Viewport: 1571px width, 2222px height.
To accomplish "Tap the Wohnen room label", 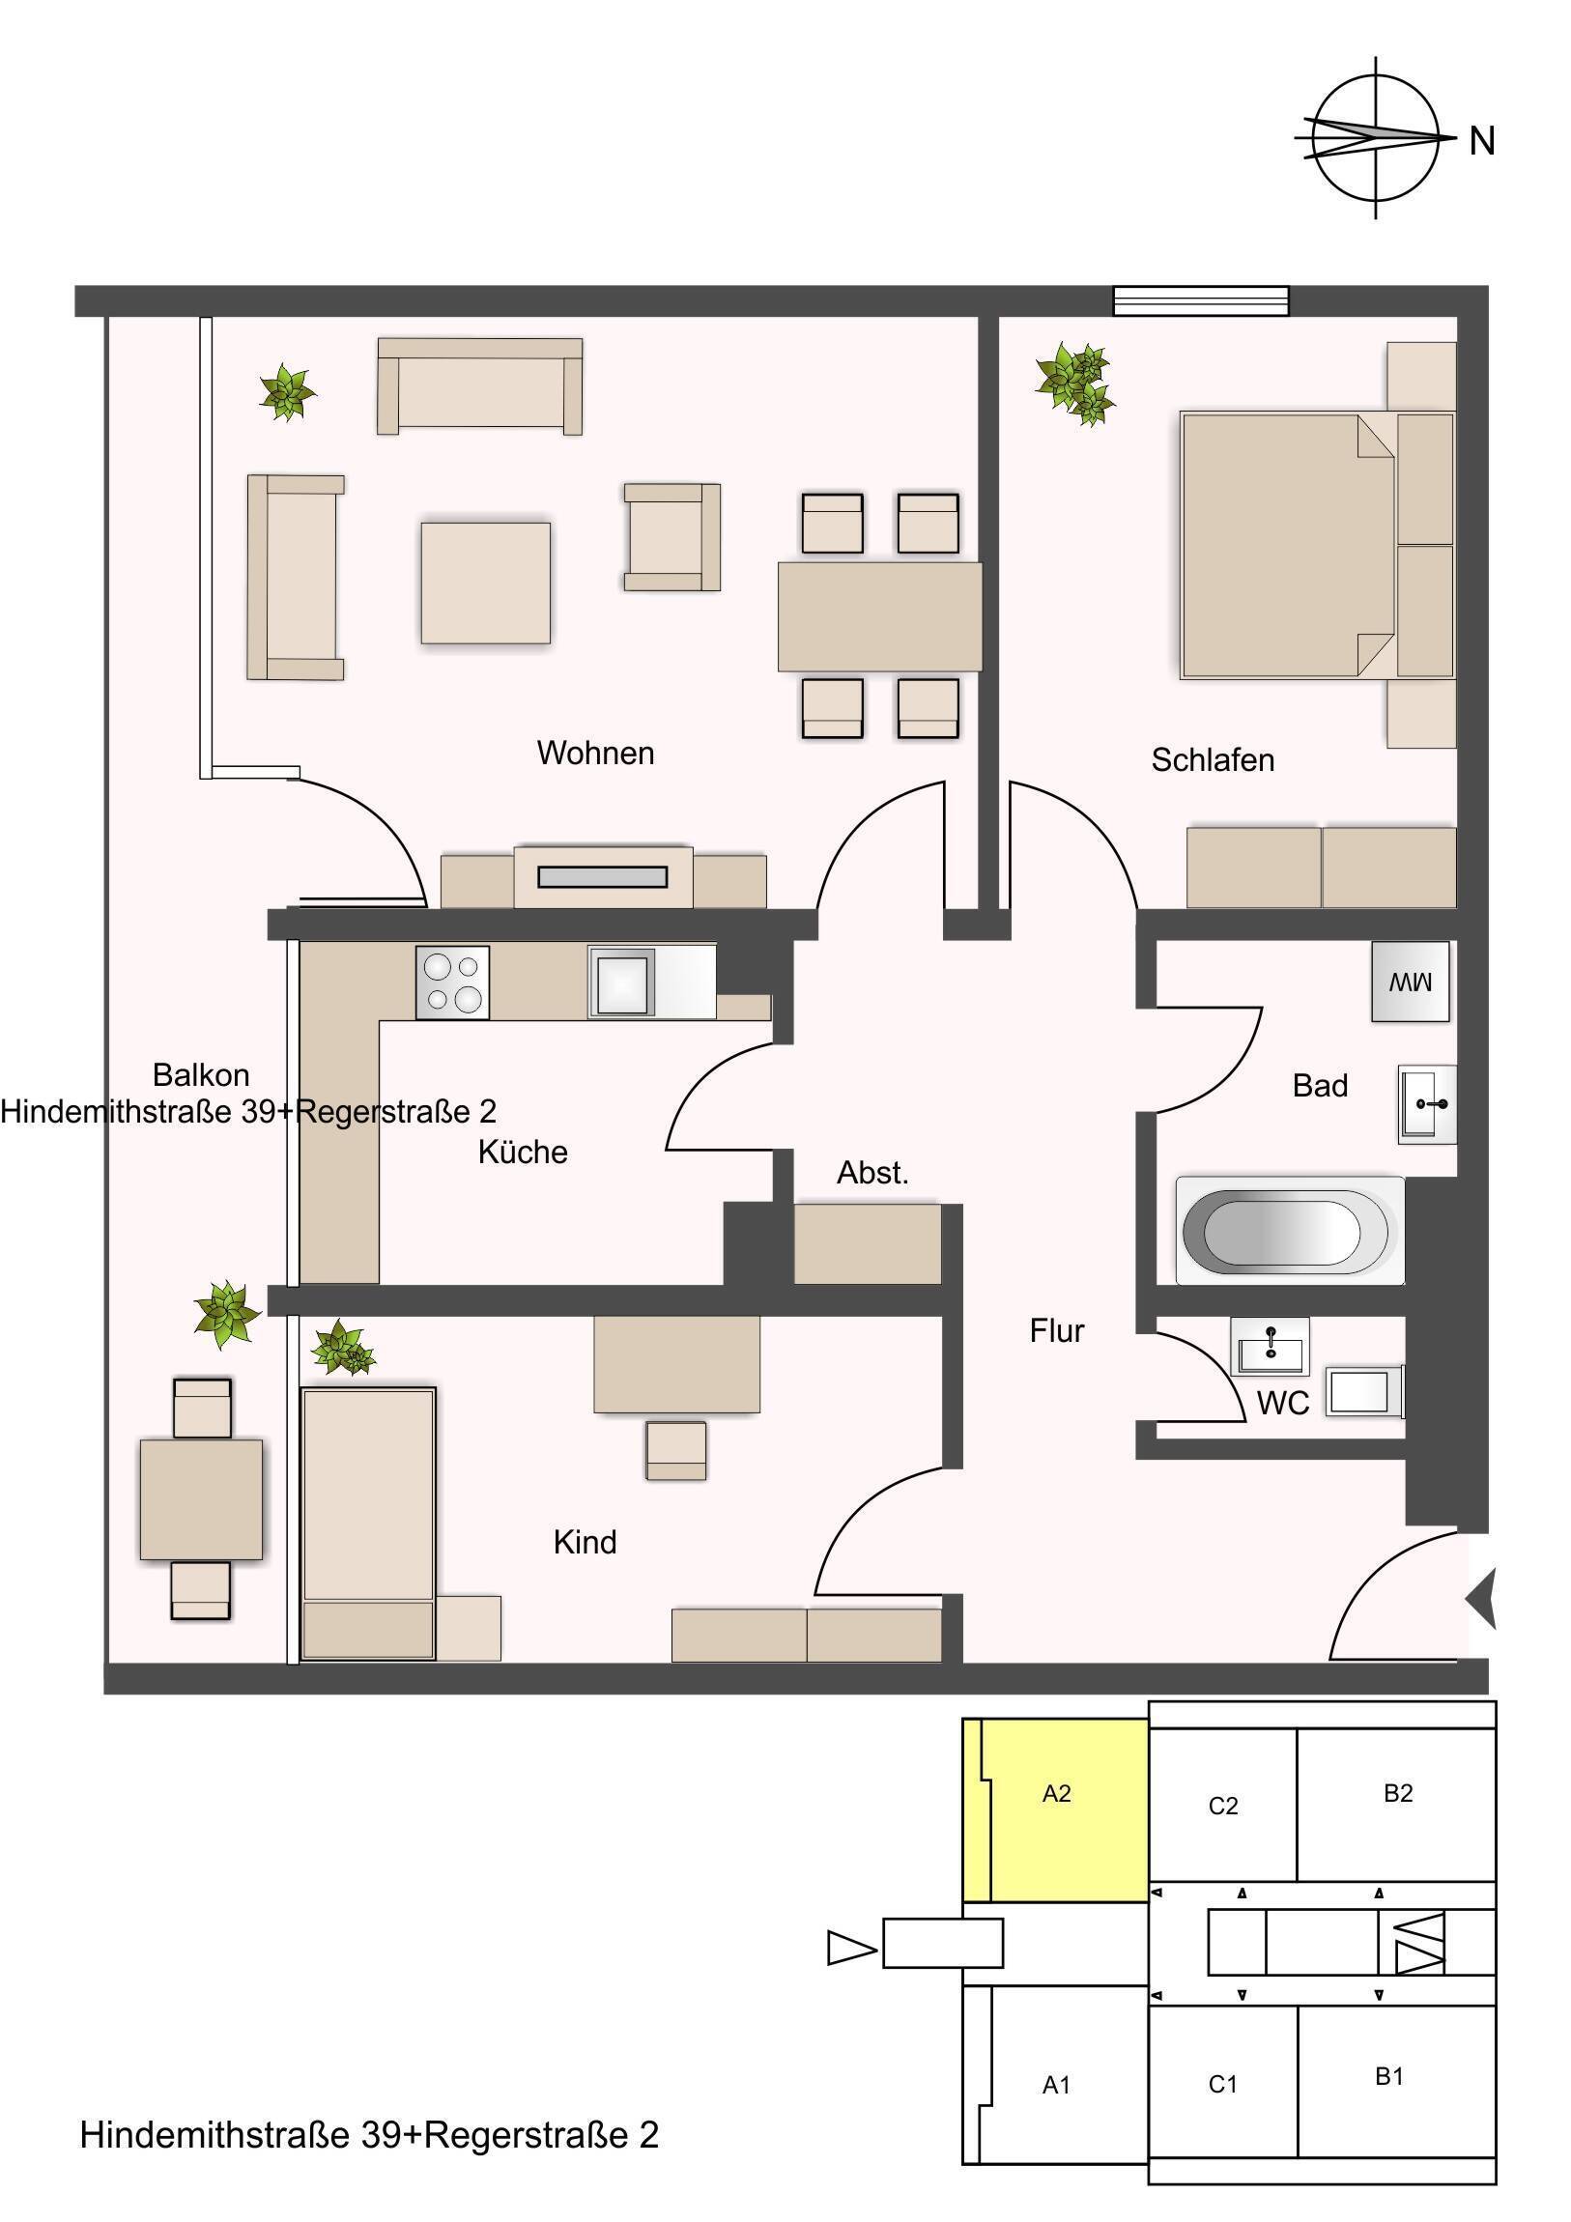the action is [595, 753].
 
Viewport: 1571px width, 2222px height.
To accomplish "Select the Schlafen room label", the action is [1212, 759].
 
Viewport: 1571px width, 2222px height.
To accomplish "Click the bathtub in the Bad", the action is [1289, 1231].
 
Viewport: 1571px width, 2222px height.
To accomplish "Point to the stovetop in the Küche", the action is [452, 983].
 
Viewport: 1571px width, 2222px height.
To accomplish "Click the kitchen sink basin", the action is [621, 983].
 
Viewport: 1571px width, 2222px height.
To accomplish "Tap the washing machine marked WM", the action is [1410, 982].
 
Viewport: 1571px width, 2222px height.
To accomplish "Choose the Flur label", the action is [1056, 1330].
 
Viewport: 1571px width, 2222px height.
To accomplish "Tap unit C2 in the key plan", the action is [1222, 1806].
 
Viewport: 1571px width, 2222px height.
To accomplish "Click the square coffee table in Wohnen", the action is [485, 583].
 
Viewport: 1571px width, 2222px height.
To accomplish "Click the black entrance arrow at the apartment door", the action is [1482, 1599].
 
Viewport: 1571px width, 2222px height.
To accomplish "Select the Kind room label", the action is [585, 1542].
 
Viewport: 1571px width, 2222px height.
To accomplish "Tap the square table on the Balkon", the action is [201, 1499].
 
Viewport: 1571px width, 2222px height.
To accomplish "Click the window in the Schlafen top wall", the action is [1200, 301].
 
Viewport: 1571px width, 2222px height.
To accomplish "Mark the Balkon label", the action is [201, 1075].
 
